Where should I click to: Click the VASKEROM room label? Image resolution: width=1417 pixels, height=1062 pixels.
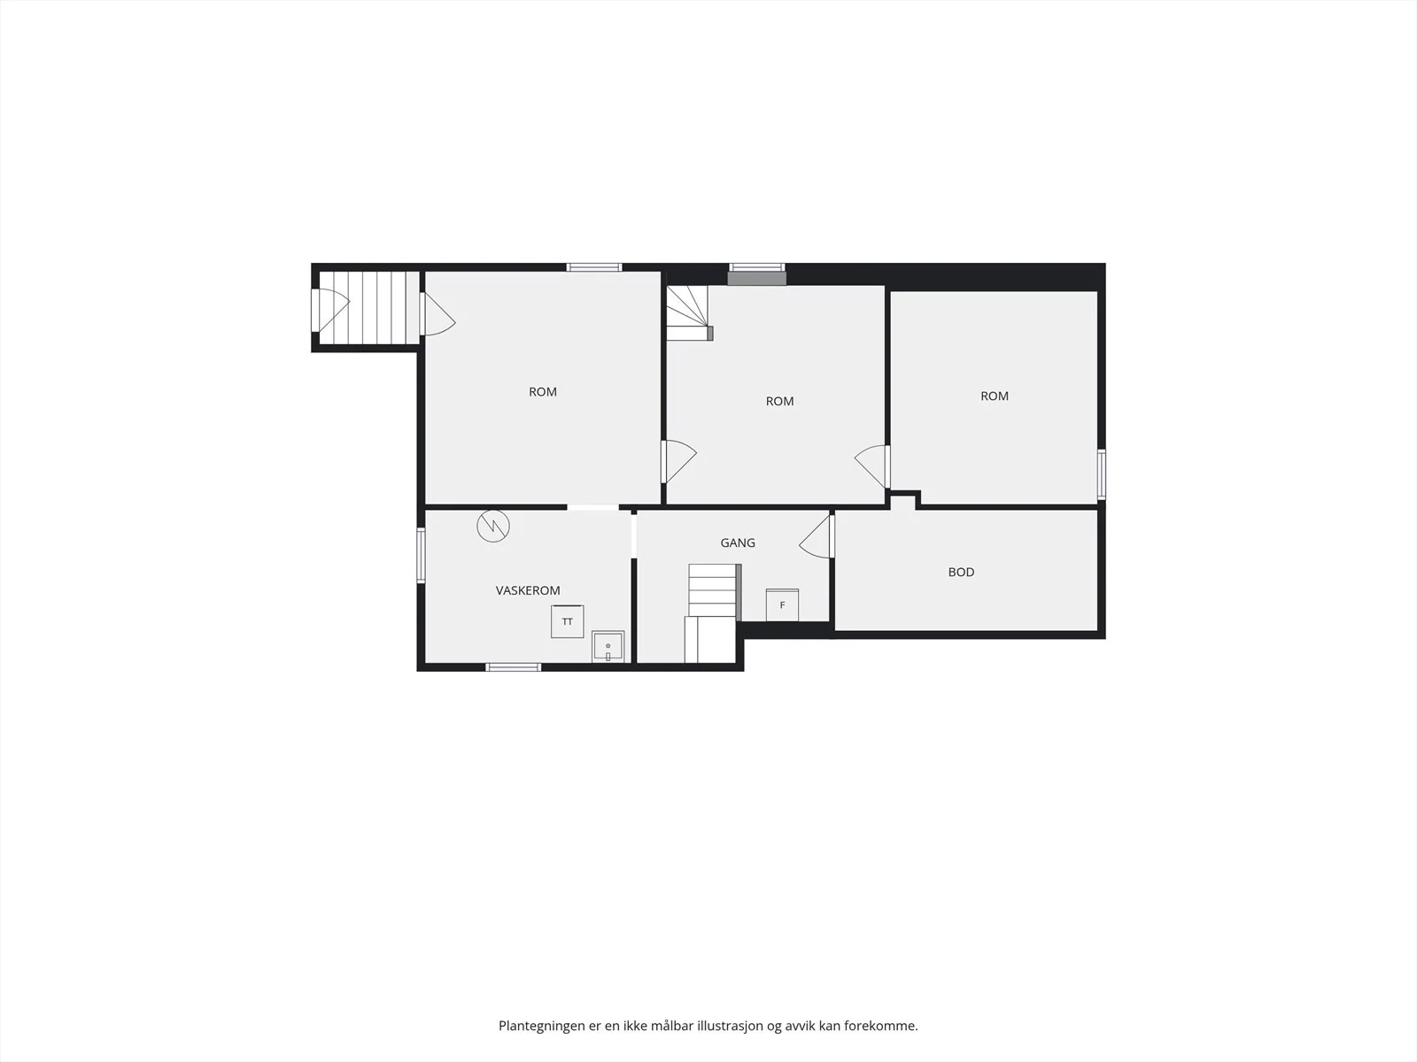pos(528,590)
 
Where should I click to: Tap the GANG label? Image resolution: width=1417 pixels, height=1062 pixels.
pos(737,543)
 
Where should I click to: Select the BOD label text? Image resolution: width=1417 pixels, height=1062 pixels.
pos(961,572)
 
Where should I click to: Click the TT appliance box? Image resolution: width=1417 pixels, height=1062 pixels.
pos(567,621)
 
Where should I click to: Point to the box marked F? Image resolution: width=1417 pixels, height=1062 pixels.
pos(782,604)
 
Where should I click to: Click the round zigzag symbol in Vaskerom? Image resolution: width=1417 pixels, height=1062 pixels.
pos(493,527)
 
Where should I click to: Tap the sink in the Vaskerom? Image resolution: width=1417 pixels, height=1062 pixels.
pos(608,646)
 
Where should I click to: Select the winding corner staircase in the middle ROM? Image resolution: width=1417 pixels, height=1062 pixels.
pos(689,312)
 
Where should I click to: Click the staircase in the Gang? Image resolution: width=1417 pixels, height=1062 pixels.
pos(713,612)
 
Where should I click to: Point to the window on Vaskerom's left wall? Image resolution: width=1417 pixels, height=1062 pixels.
pos(421,555)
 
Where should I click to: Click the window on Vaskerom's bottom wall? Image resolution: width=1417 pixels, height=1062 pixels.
pos(513,666)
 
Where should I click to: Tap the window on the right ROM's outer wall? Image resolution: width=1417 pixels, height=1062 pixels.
pos(1102,474)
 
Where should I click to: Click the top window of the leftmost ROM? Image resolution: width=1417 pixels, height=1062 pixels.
pos(594,267)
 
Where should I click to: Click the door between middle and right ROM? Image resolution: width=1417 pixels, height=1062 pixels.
pos(872,466)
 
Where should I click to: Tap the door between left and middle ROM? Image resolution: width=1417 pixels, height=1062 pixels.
pos(678,462)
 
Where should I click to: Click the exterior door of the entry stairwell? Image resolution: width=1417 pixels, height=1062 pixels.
pos(329,310)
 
